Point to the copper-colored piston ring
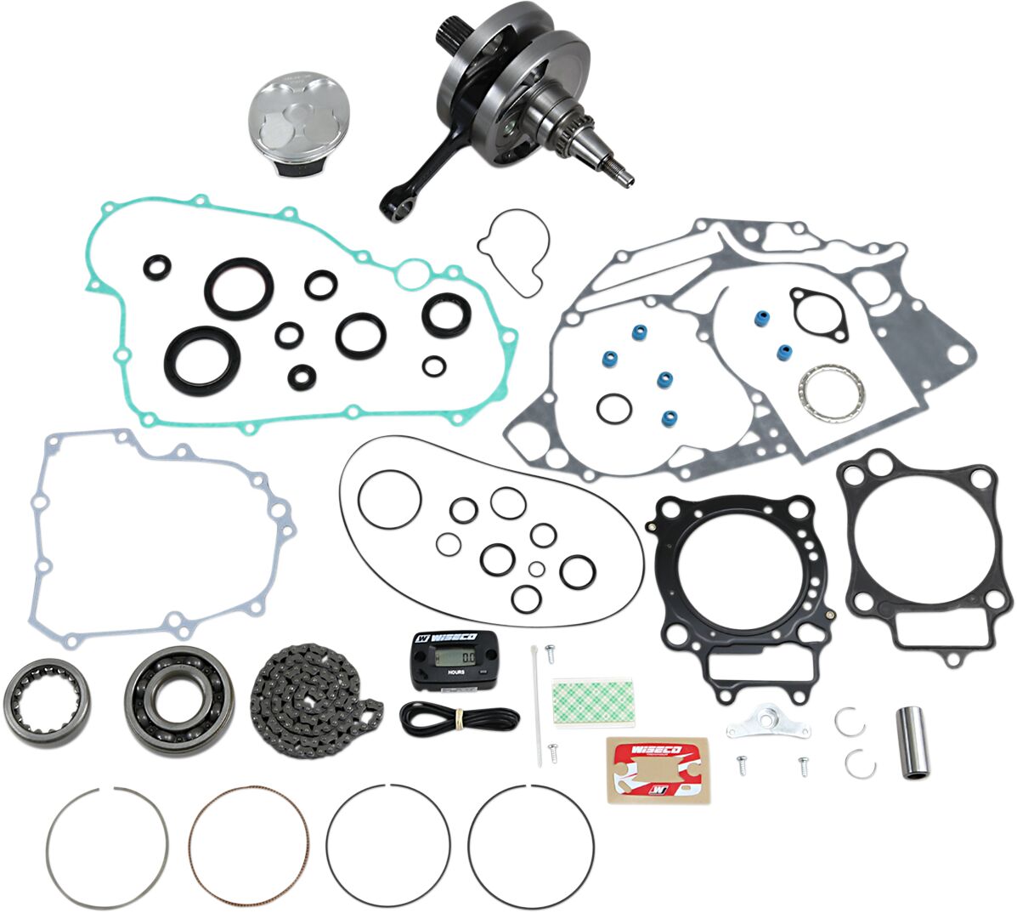click(x=248, y=844)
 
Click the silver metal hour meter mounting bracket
click(x=768, y=725)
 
